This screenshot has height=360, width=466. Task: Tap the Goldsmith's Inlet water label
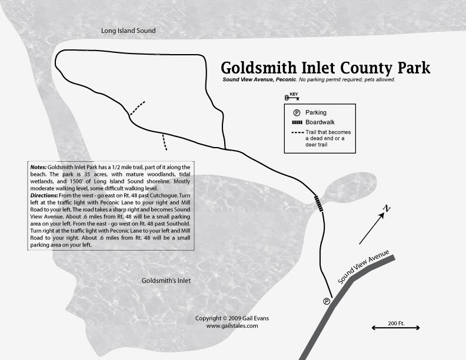[167, 281]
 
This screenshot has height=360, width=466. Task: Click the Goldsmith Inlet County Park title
[325, 67]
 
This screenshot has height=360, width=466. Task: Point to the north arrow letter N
[387, 209]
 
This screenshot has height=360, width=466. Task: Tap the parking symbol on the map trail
[327, 301]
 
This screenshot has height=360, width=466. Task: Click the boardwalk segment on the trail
[318, 203]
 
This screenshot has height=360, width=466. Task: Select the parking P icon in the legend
[297, 112]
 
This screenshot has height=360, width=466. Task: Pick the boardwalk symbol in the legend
[297, 122]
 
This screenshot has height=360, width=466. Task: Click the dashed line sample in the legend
[297, 132]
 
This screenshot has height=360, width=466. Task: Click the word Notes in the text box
[38, 168]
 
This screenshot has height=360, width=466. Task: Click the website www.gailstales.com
[232, 325]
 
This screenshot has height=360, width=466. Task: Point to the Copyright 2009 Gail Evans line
[232, 318]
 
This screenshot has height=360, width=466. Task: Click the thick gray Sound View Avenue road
[329, 318]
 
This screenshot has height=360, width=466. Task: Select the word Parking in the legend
[316, 112]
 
